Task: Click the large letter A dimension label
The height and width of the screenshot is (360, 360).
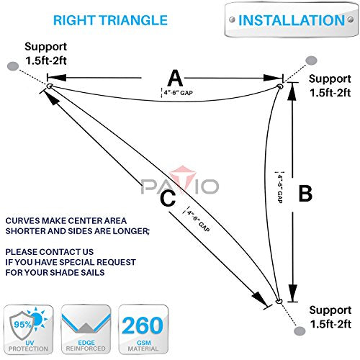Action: pos(175,78)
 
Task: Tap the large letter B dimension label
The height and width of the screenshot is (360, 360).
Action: pos(305,194)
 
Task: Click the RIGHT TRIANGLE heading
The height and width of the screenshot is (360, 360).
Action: pos(110,20)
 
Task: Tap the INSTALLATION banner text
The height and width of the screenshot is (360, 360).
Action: pos(292,20)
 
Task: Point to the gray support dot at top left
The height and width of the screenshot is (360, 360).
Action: pos(13,66)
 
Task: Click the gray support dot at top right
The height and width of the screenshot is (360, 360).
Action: pos(311,60)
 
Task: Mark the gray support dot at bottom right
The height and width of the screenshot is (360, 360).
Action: pos(300,331)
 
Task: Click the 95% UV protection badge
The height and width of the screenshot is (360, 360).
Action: pos(28,329)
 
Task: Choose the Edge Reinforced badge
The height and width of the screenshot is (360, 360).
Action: pos(86,329)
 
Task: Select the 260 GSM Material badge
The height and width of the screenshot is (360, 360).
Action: pos(143,329)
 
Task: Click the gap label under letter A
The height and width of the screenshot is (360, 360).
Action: pos(179,93)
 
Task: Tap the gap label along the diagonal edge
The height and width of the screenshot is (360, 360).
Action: pos(198,221)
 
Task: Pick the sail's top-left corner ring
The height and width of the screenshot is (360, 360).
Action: pos(50,86)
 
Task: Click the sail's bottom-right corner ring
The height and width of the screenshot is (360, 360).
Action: pos(279,301)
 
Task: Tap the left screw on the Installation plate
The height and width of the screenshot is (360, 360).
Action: pos(232,19)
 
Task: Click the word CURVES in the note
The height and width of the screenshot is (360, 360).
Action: pos(21,221)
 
